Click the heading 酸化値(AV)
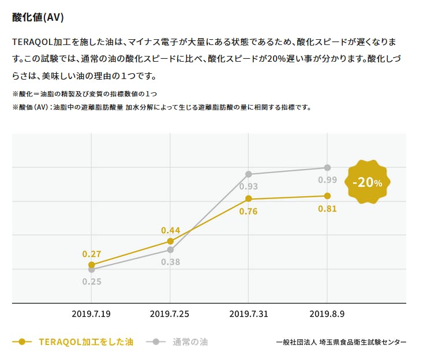coord(38,17)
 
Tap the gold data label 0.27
coord(92,253)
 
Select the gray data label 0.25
coord(92,282)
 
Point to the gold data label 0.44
coord(170,230)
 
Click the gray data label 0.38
coord(170,262)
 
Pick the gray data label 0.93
coord(248,186)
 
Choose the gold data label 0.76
coord(248,211)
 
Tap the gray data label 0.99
coord(327,180)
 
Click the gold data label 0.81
coord(327,208)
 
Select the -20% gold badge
coord(367,182)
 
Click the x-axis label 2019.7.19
coord(91,314)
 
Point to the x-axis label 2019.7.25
coord(170,314)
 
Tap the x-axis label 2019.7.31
coord(249,314)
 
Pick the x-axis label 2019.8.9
coord(327,314)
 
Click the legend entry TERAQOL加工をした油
coord(85,342)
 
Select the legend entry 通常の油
coord(190,342)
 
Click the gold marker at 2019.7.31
coord(249,198)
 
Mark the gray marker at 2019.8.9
coord(327,167)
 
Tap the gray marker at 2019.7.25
coord(170,249)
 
